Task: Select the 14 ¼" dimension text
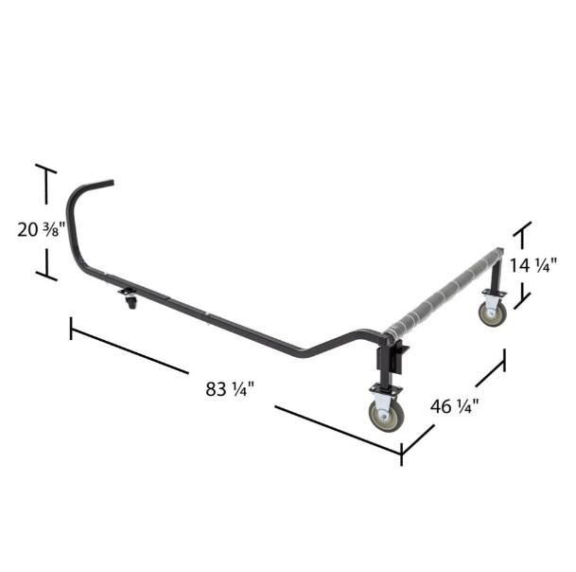[533, 265]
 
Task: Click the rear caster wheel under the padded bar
[492, 313]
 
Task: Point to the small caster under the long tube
[129, 302]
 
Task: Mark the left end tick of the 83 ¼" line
[71, 328]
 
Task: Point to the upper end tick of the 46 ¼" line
[504, 360]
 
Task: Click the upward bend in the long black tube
[336, 342]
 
